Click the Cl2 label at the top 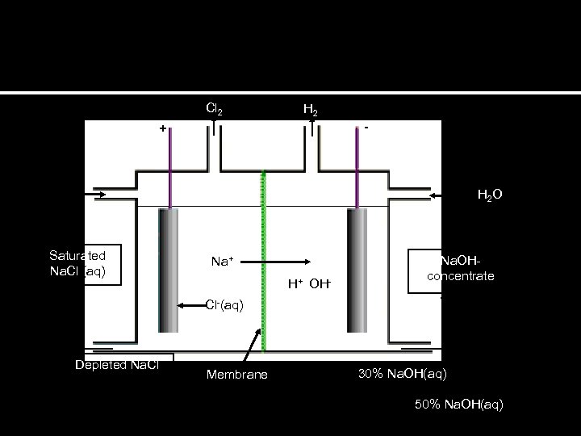[214, 108]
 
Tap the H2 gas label [310, 109]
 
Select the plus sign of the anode [163, 128]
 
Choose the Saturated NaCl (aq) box [83, 264]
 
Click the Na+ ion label [223, 261]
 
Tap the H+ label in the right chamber [297, 283]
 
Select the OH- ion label [320, 283]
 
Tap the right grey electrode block [356, 270]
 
